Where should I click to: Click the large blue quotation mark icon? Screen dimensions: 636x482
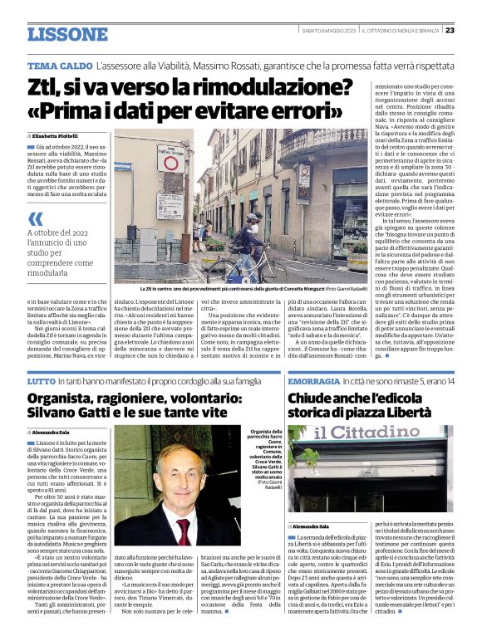tap(36, 219)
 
